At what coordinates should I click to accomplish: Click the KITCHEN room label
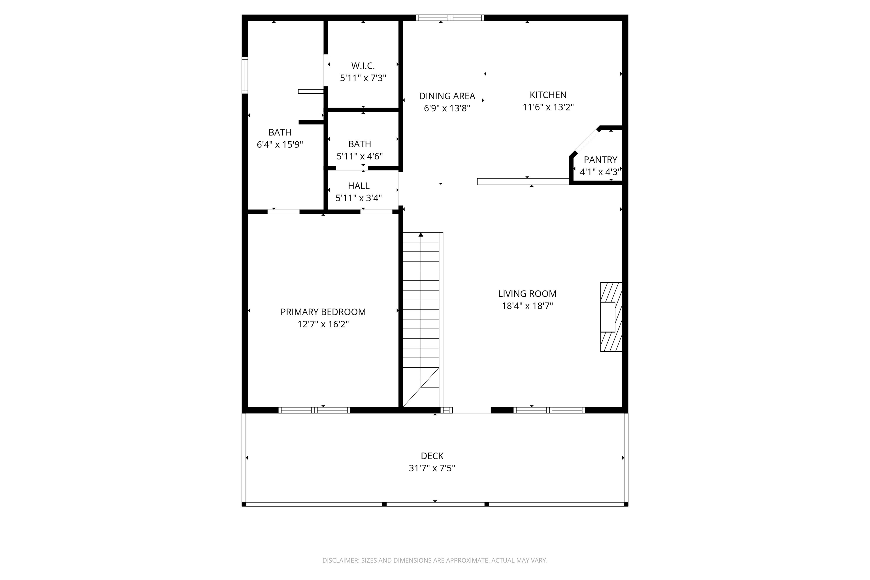coord(548,95)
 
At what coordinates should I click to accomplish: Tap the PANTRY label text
coord(600,160)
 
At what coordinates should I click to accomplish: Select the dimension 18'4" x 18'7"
coord(527,306)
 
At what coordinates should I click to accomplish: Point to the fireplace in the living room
coord(610,317)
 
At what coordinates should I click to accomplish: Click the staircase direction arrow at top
coord(421,235)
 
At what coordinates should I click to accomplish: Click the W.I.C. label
coord(363,66)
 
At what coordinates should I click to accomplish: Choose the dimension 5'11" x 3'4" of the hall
coord(359,198)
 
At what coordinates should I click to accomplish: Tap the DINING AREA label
coord(447,96)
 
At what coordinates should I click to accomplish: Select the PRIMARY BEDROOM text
coord(323,312)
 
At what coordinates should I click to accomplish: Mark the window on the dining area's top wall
coord(450,18)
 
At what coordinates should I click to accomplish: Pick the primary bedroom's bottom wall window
coord(314,410)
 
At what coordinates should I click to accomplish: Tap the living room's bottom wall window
coord(549,410)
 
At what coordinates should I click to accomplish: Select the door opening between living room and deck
coord(471,410)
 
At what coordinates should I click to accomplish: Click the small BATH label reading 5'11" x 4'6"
coord(360,144)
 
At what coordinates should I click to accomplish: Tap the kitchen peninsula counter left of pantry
coord(523,182)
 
